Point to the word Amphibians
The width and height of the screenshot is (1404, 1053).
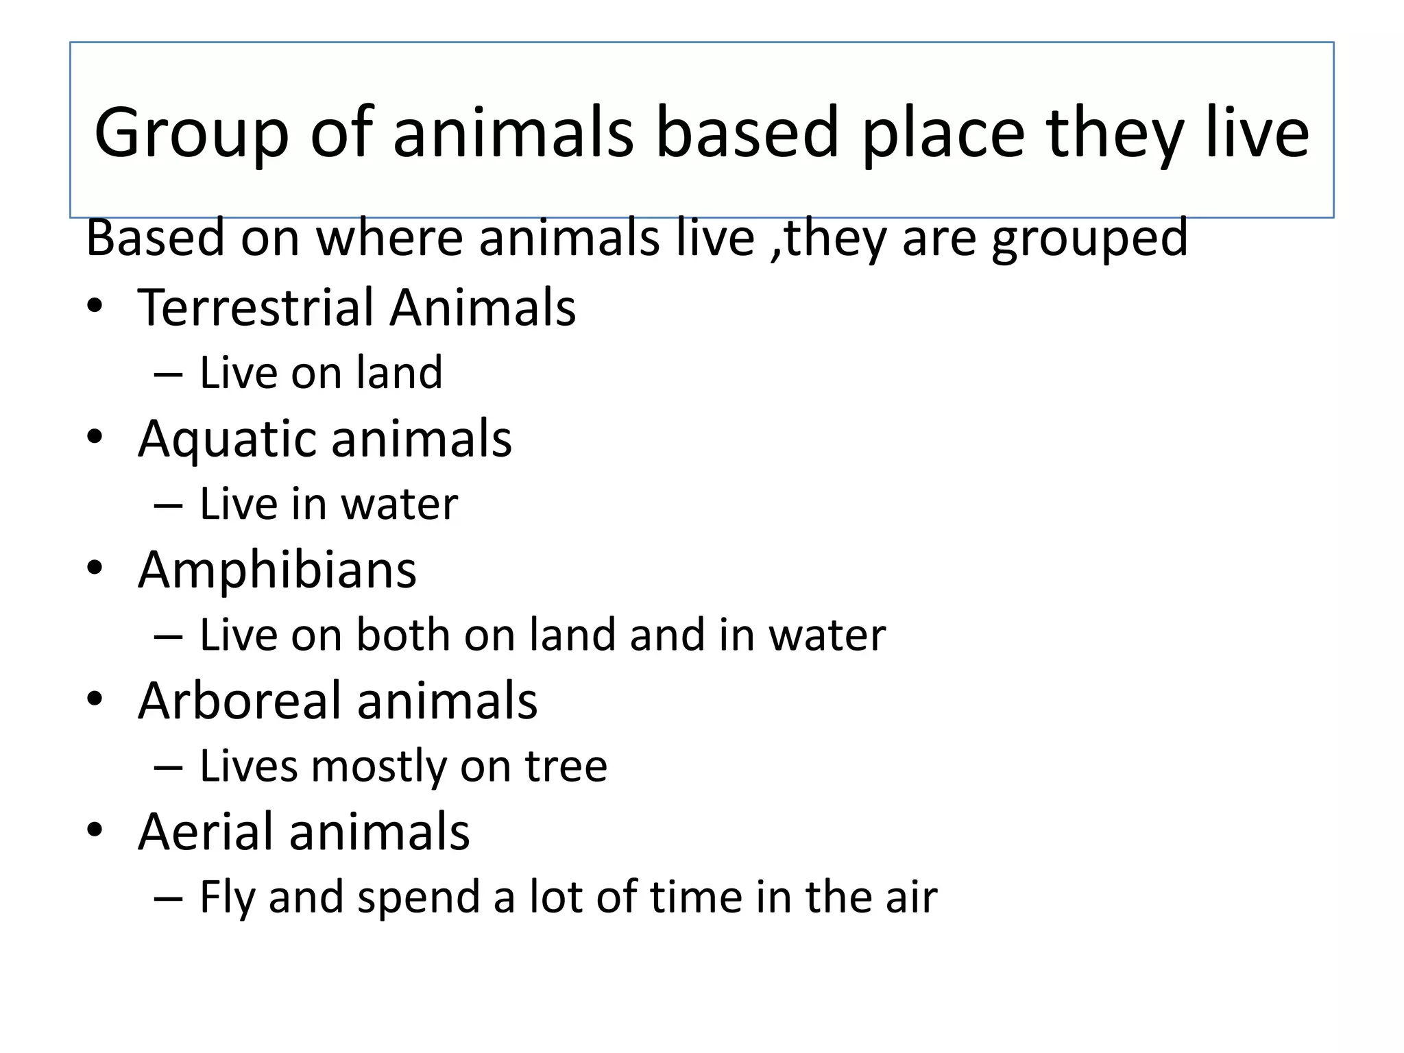click(x=277, y=570)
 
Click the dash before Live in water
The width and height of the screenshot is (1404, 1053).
click(x=168, y=506)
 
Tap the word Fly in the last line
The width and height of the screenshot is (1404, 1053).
click(x=226, y=898)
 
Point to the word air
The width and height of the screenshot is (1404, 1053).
click(x=911, y=897)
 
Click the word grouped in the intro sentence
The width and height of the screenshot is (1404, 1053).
click(x=1089, y=239)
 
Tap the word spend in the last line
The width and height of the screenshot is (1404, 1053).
click(x=419, y=898)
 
